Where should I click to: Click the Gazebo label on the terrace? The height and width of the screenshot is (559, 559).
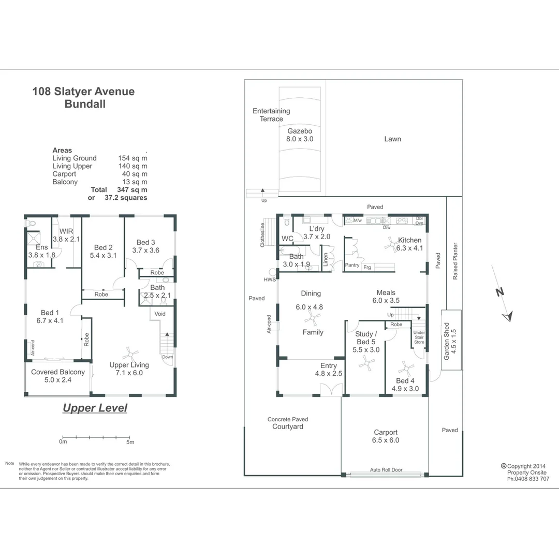point(300,131)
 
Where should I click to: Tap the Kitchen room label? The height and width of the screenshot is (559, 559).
point(409,240)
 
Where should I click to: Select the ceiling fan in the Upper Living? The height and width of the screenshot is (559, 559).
point(130,355)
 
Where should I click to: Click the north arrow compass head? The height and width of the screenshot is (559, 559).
point(508,315)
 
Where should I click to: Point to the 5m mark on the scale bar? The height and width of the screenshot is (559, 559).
point(130,442)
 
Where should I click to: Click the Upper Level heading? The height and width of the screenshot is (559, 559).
point(95,408)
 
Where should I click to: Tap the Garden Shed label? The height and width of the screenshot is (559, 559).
point(447,341)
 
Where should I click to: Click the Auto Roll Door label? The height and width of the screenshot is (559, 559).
point(386,470)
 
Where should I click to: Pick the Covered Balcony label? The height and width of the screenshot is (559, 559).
point(58,372)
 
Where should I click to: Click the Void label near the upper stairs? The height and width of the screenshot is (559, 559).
point(160,314)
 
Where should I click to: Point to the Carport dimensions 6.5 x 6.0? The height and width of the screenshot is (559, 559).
point(386,440)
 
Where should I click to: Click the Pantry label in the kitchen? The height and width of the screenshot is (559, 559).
point(352,266)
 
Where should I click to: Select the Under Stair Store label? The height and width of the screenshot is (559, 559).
point(419,338)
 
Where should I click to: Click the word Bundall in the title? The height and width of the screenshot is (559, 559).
point(85,104)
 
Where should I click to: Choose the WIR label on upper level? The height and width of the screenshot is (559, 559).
point(66,231)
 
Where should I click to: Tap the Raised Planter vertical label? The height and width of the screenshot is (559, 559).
point(455,261)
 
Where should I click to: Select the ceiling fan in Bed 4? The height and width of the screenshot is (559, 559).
point(405,368)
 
